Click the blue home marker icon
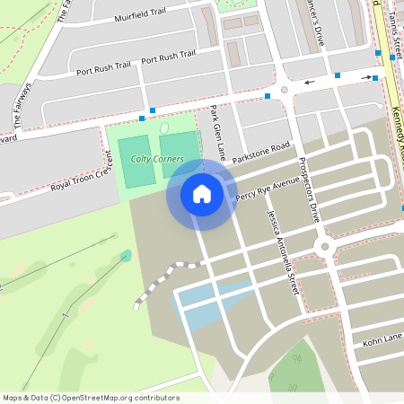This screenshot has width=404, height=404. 201,193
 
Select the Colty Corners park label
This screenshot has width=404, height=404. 157,159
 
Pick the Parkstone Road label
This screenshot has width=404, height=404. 261,152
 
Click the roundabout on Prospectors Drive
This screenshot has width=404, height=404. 323,246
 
